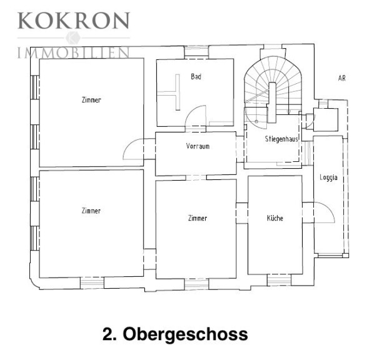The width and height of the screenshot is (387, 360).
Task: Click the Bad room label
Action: click(x=196, y=76)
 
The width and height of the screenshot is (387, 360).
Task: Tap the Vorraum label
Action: click(x=198, y=146)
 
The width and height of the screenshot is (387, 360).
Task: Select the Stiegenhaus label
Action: click(x=281, y=139)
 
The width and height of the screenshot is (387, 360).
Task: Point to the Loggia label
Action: click(x=328, y=177)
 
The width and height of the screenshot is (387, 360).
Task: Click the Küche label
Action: click(x=275, y=218)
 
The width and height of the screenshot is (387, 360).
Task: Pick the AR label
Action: click(x=342, y=78)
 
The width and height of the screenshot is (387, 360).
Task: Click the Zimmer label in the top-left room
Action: click(x=91, y=100)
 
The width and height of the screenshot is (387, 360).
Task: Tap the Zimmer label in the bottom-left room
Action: click(x=91, y=211)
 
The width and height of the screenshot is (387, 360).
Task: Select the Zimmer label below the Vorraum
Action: click(x=198, y=218)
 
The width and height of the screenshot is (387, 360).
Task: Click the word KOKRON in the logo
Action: click(x=74, y=21)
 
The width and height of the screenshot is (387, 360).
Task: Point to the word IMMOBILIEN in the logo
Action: click(x=74, y=52)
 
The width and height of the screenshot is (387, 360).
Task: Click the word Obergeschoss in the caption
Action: click(x=185, y=334)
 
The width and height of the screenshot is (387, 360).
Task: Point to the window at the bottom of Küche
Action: click(x=279, y=280)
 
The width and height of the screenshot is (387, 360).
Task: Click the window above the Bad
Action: click(x=197, y=52)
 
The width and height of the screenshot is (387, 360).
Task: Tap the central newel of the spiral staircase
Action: click(x=272, y=102)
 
